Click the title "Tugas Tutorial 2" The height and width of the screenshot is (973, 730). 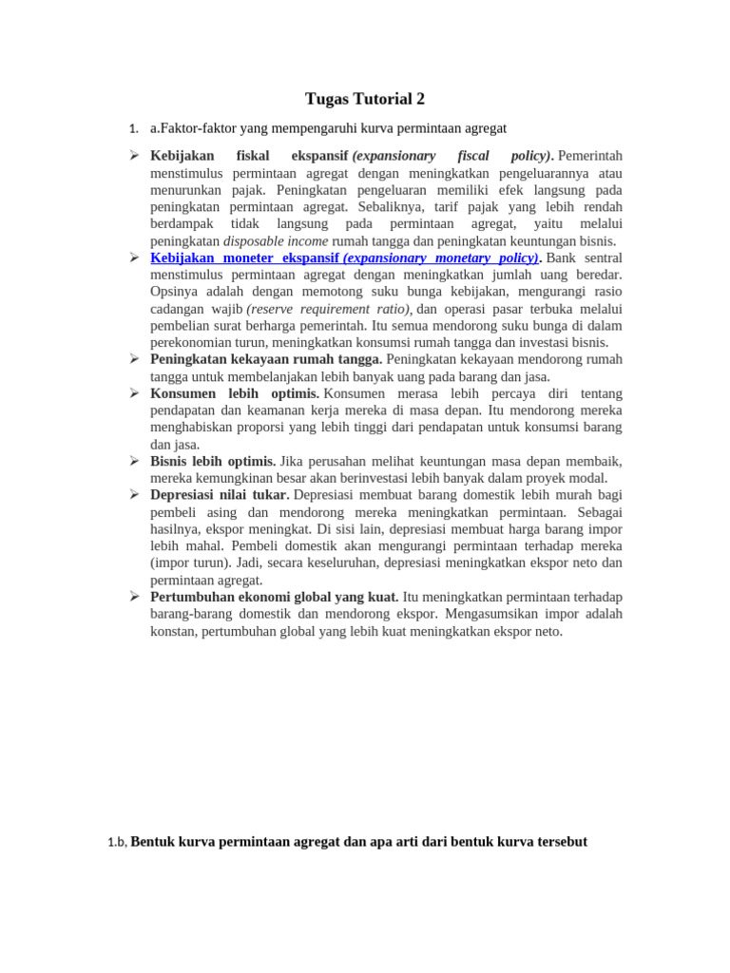[365, 99]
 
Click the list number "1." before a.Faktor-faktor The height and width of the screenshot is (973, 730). [134, 129]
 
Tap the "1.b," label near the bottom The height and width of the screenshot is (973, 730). [117, 843]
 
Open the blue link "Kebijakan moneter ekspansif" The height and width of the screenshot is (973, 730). [244, 258]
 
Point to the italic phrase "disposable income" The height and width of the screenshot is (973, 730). [276, 241]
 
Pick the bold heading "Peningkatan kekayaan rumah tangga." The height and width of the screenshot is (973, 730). [266, 359]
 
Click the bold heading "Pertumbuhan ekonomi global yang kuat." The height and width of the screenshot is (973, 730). [275, 597]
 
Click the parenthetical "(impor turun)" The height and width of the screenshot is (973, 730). [188, 563]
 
